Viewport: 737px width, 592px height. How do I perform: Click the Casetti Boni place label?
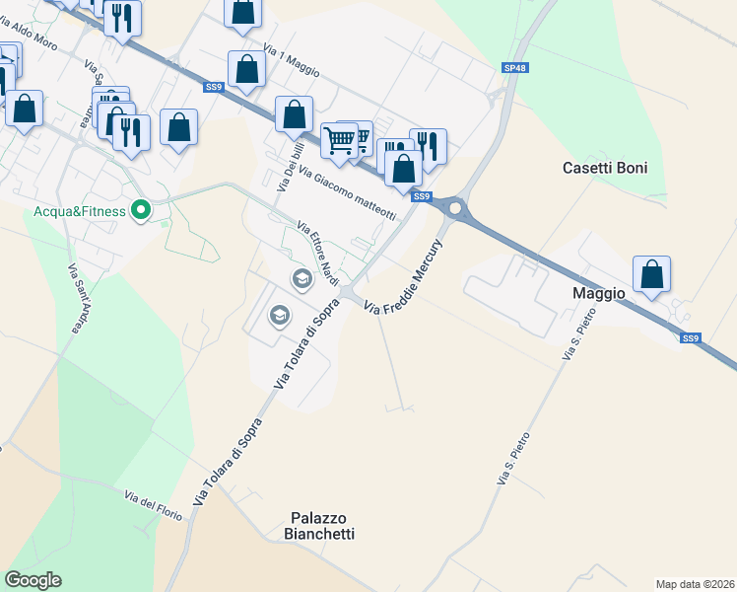[605, 168]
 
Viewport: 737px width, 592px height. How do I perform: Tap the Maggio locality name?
[599, 293]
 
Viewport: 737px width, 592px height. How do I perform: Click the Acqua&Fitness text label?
[78, 211]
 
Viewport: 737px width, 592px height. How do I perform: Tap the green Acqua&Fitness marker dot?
[141, 210]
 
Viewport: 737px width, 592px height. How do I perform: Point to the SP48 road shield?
[513, 68]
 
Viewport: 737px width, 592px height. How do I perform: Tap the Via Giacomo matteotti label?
[348, 192]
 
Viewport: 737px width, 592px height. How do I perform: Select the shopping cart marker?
[340, 140]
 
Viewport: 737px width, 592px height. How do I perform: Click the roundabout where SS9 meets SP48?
[454, 208]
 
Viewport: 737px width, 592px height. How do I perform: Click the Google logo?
[33, 579]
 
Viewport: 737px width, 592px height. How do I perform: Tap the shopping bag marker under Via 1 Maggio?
[246, 69]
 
